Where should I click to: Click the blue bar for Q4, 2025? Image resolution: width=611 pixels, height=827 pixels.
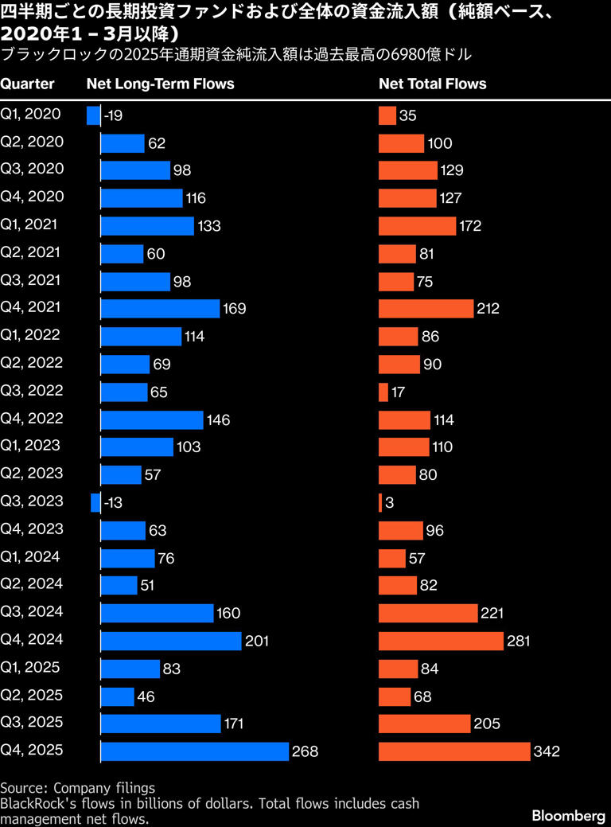click(x=194, y=751)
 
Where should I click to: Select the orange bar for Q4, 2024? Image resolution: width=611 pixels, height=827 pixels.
click(x=441, y=641)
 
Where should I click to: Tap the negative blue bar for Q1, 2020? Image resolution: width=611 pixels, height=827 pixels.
click(x=93, y=115)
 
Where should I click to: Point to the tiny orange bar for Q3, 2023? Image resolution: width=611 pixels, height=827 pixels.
click(x=380, y=503)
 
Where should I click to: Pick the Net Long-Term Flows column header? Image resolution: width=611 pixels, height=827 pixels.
click(x=160, y=84)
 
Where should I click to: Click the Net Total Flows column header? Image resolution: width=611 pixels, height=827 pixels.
click(x=432, y=84)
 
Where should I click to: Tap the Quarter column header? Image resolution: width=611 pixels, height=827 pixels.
click(x=27, y=84)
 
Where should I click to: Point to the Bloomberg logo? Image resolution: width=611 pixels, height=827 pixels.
click(x=568, y=816)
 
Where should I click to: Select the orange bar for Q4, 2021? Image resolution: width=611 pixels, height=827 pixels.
click(x=426, y=309)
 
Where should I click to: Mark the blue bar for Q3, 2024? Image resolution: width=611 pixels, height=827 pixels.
click(x=157, y=613)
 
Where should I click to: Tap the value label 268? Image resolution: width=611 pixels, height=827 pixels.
click(x=305, y=751)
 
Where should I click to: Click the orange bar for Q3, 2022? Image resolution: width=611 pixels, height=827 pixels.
click(x=383, y=392)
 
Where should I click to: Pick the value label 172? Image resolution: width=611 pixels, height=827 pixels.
click(x=469, y=226)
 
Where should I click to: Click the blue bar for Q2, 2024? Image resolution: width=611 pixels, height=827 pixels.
click(x=119, y=585)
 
